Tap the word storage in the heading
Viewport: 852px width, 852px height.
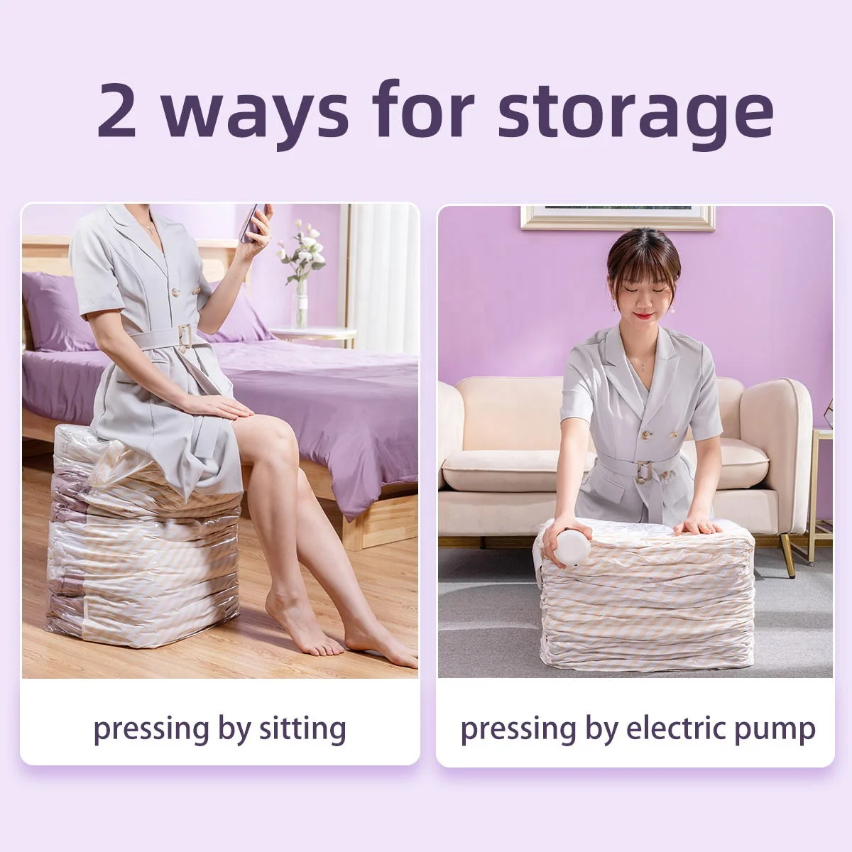coord(645,112)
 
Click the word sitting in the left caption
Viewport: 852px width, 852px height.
coord(300,729)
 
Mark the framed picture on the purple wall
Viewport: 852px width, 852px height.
coord(617,217)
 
